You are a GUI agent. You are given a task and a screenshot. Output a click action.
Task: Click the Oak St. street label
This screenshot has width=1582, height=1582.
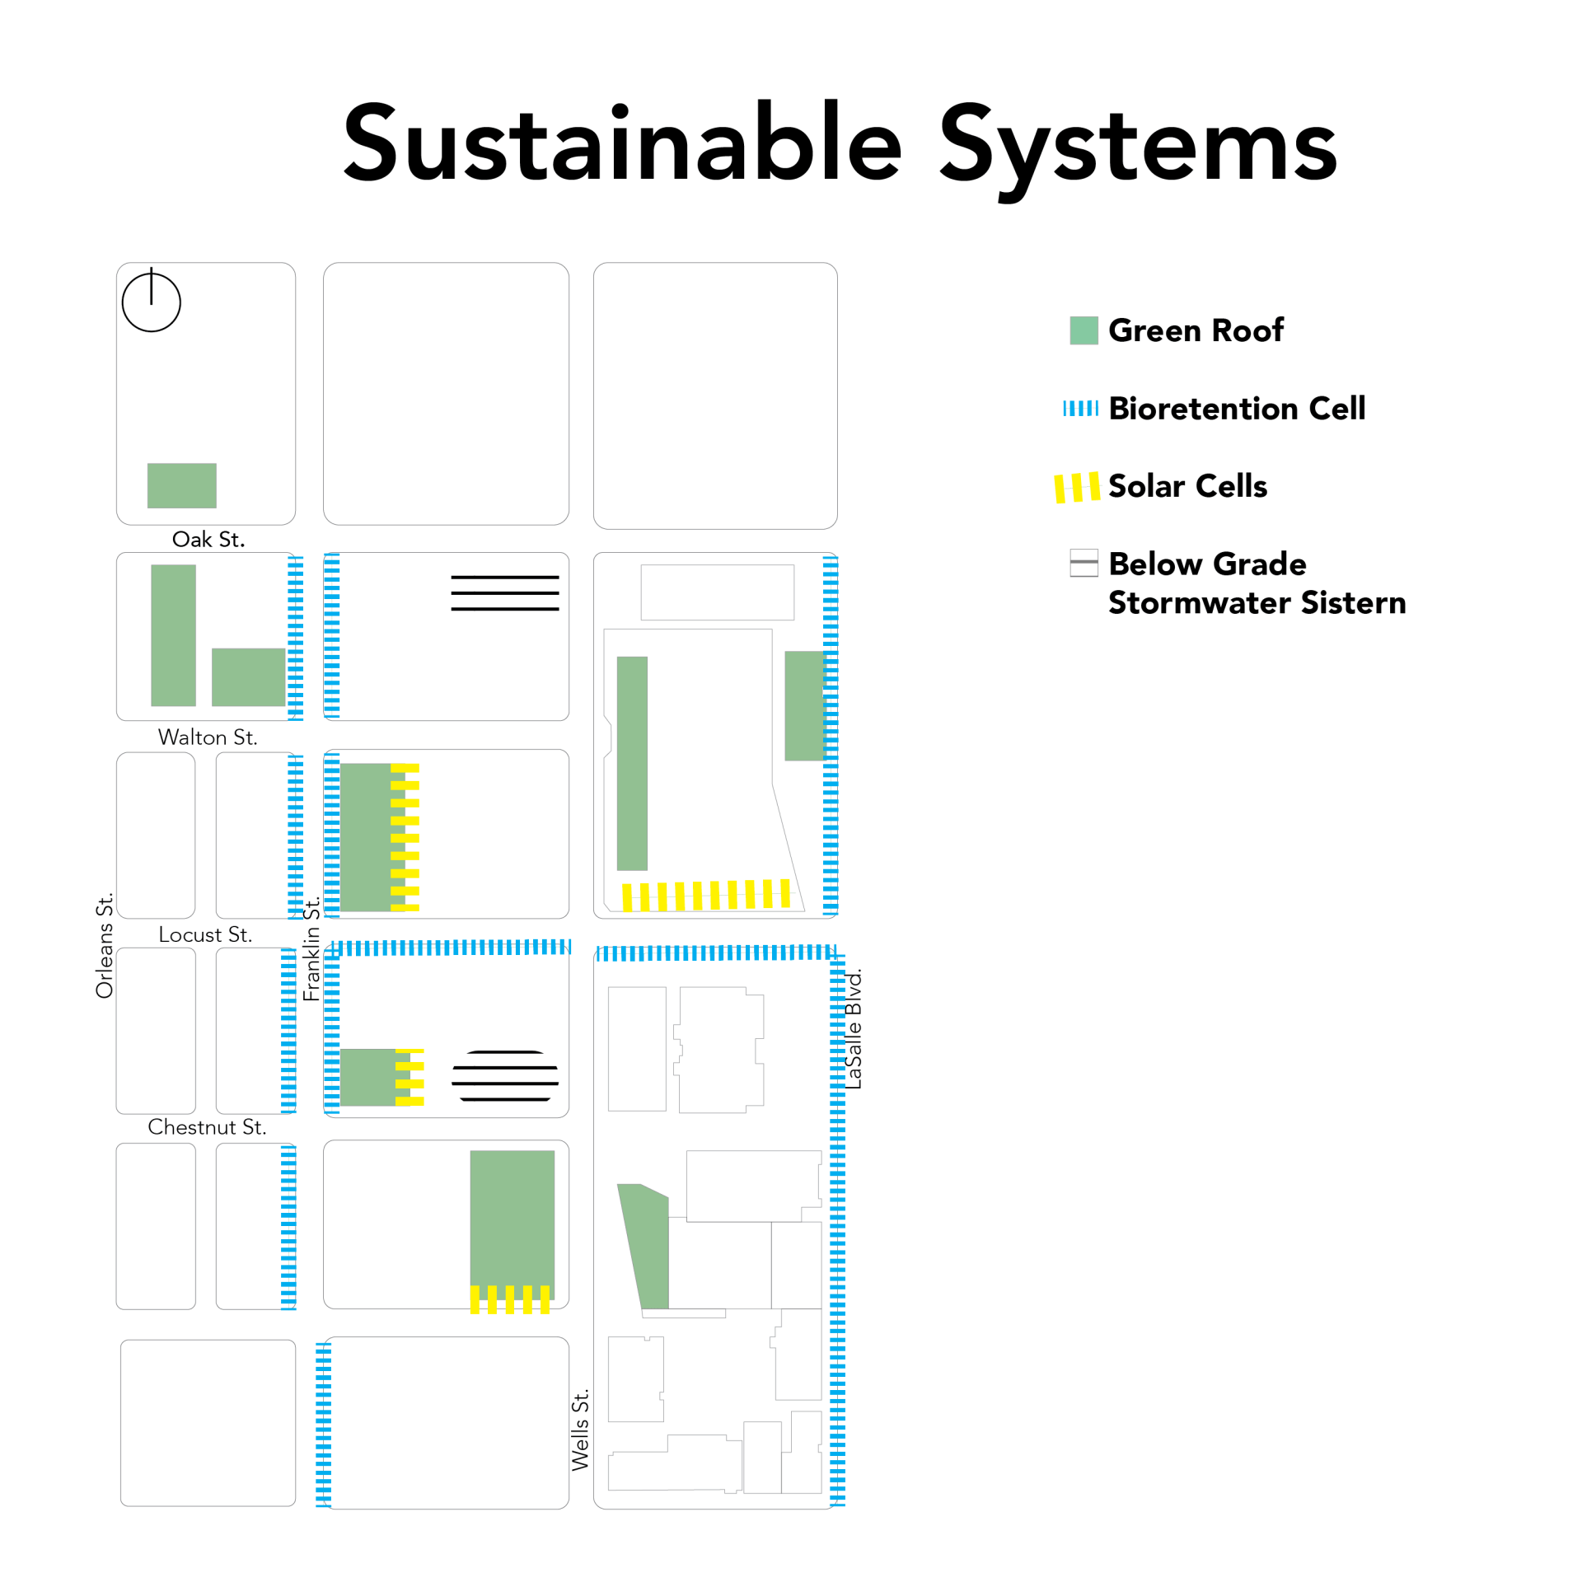click(x=208, y=540)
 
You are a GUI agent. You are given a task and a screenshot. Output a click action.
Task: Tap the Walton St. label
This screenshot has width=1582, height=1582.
click(x=208, y=737)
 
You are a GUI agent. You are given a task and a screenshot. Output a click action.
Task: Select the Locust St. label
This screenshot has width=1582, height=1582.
click(x=205, y=934)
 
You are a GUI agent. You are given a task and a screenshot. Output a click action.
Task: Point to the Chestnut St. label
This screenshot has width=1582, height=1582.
click(x=207, y=1126)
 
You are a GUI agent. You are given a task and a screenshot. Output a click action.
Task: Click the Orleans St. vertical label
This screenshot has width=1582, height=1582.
click(x=105, y=945)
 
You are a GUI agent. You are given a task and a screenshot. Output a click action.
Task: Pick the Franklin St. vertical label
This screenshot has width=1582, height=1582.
click(x=311, y=949)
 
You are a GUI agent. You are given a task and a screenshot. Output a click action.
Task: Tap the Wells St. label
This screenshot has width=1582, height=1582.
click(x=580, y=1430)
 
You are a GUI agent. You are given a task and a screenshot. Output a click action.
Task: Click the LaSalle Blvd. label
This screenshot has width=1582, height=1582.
click(x=853, y=1029)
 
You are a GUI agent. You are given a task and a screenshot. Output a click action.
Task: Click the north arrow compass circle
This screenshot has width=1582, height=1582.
click(x=151, y=302)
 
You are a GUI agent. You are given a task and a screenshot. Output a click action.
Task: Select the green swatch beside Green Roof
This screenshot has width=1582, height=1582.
click(x=1084, y=330)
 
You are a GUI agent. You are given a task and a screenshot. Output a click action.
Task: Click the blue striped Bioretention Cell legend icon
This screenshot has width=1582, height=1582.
click(x=1080, y=408)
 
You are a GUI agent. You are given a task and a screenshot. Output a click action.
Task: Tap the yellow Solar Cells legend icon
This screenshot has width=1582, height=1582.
click(x=1077, y=488)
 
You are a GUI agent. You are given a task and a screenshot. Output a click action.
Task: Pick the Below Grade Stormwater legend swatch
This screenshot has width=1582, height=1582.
click(x=1084, y=563)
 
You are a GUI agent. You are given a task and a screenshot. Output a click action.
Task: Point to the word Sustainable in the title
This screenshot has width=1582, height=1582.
click(x=623, y=142)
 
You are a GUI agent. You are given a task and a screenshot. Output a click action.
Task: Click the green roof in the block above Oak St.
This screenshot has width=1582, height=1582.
click(x=181, y=485)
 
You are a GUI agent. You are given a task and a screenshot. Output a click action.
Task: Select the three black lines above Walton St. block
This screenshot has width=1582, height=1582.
click(x=505, y=593)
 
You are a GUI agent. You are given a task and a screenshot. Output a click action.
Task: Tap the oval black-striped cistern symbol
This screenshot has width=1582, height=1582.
click(x=505, y=1075)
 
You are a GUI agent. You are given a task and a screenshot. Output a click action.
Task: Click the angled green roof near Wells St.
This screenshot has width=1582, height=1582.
click(x=644, y=1246)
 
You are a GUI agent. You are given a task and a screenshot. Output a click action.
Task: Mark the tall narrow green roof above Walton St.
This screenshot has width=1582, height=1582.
click(x=173, y=635)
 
